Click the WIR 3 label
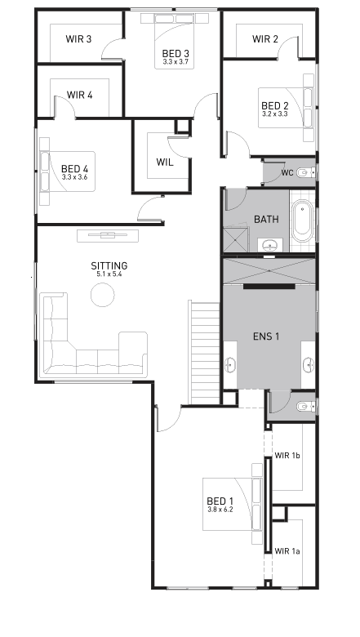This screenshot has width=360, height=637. point(79,39)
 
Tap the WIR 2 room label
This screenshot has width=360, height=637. point(265,39)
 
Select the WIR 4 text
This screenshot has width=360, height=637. point(79,95)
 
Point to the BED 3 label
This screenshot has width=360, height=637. point(176,53)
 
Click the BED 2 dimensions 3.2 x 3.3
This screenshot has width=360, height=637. point(275,114)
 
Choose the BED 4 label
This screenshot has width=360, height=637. point(74,167)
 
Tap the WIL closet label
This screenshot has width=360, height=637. point(165,162)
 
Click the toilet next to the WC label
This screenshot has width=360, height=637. point(304,172)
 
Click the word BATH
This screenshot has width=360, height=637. point(266,220)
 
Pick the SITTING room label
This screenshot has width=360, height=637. point(109,266)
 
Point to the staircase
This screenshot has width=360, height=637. point(205,351)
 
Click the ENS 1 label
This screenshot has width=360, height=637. point(267,336)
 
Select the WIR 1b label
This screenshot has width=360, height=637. point(288,456)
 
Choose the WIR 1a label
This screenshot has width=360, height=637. point(288,552)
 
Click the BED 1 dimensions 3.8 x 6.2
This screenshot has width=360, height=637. point(220,510)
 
